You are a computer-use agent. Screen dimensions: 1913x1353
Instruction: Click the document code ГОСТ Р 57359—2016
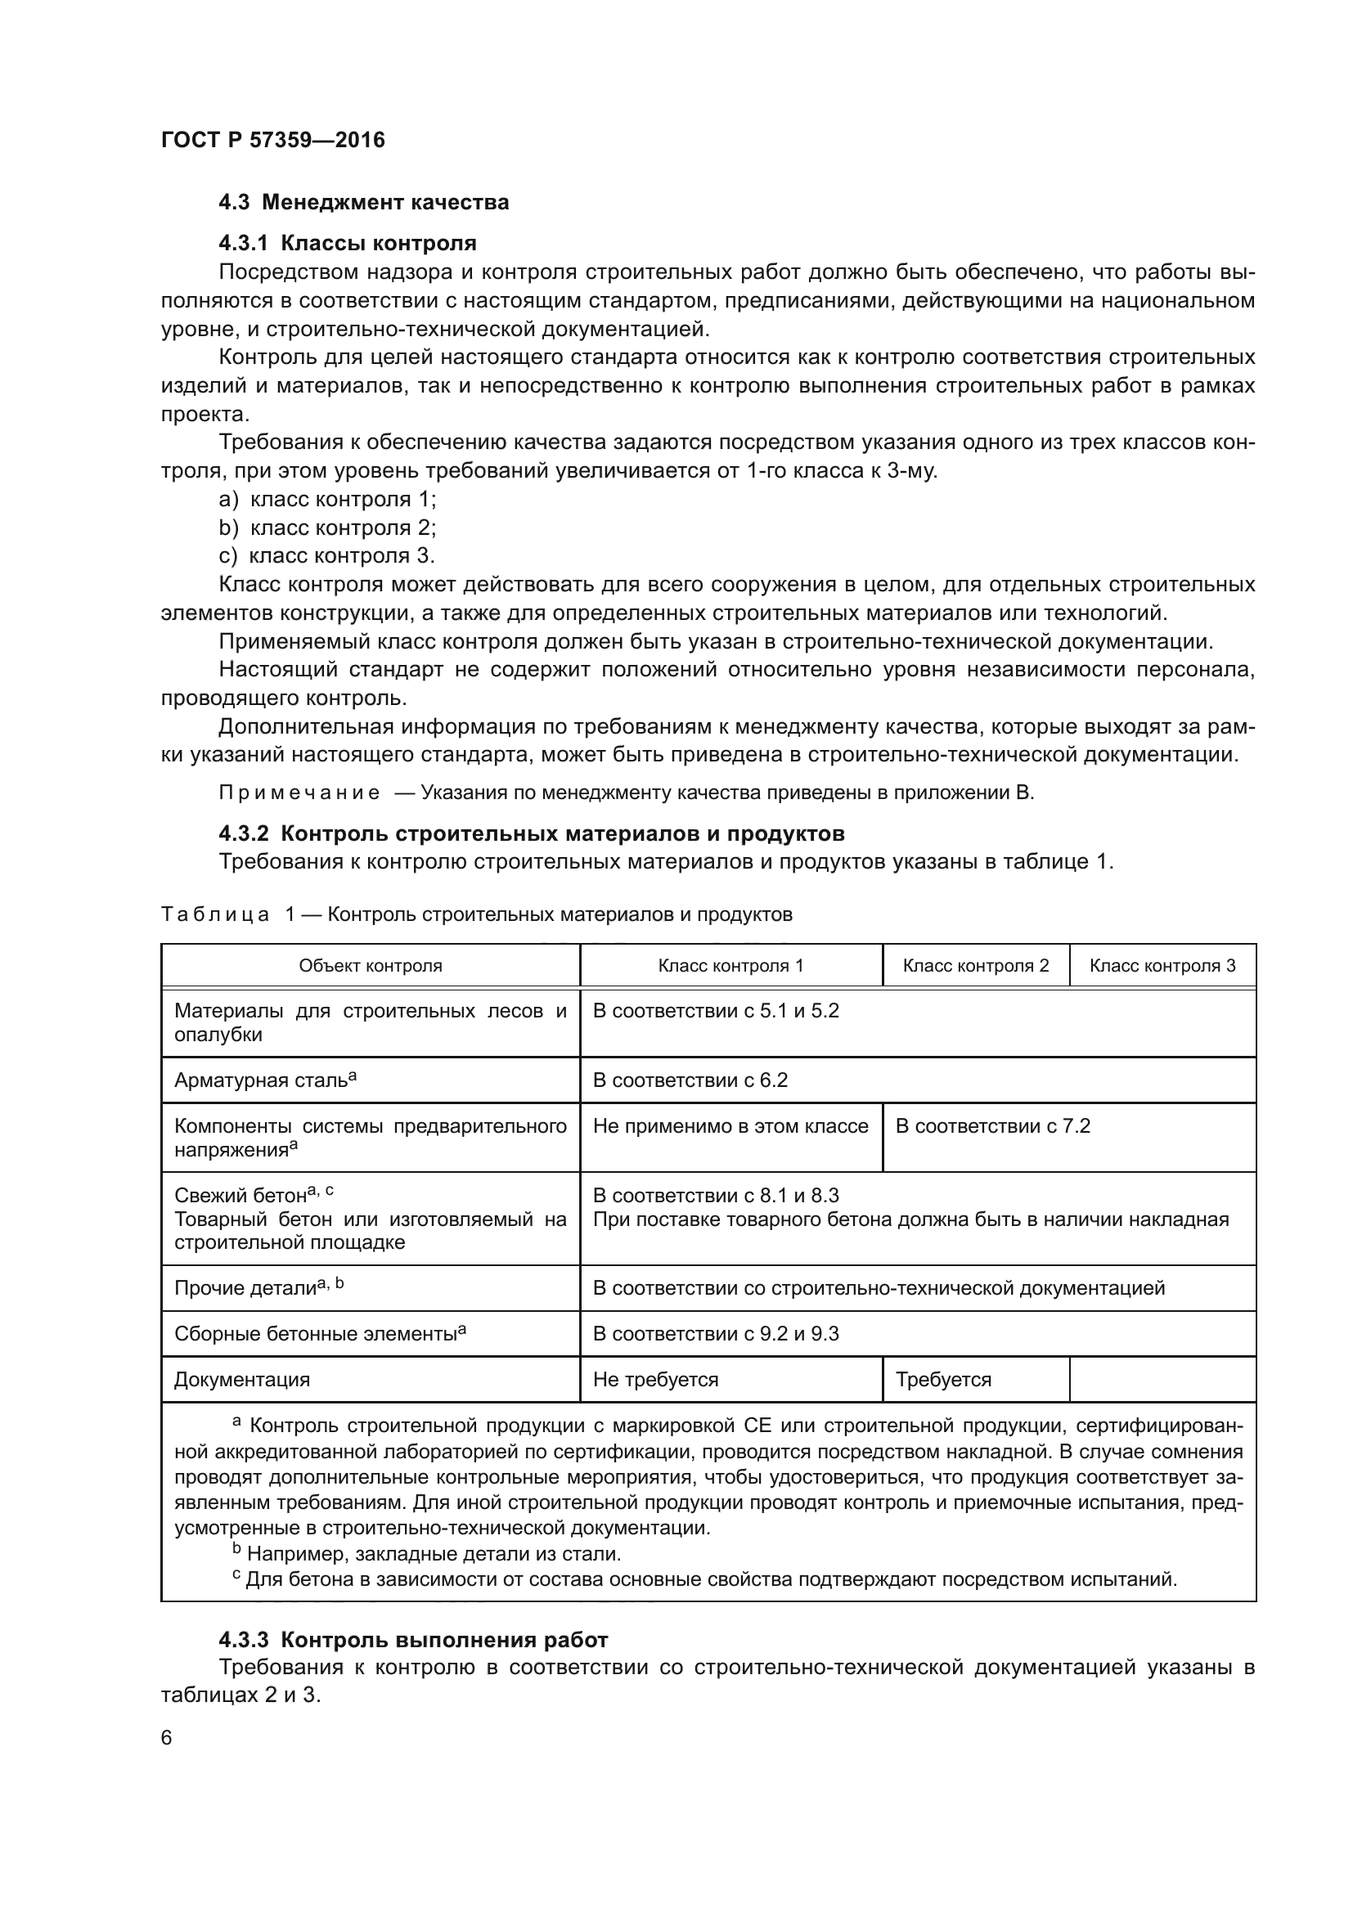272,140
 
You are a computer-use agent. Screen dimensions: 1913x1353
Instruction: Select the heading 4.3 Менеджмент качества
363,203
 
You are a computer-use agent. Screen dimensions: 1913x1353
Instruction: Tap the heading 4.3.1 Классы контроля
348,243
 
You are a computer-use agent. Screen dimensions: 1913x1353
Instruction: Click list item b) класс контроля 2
326,528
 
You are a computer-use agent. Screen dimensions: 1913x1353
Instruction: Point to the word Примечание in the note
299,793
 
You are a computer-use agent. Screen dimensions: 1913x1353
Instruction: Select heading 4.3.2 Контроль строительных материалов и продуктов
532,833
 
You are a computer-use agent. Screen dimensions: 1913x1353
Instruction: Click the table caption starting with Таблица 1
476,915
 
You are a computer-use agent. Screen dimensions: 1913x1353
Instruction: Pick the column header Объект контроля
370,966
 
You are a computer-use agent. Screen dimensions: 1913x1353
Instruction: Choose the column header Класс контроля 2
976,966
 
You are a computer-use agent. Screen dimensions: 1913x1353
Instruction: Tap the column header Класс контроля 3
1162,966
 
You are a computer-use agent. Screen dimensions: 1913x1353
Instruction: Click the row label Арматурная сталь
265,1080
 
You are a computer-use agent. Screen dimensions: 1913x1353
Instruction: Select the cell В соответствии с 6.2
690,1080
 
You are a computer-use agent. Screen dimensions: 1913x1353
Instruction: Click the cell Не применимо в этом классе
730,1126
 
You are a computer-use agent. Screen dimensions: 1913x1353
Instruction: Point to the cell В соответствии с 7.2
992,1126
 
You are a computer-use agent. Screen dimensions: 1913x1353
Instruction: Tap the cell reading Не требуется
656,1380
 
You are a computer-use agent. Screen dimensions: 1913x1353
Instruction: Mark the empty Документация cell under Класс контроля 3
1162,1380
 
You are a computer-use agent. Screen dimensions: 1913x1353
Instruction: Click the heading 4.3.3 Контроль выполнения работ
413,1640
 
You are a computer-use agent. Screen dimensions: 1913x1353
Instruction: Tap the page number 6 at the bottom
167,1738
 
